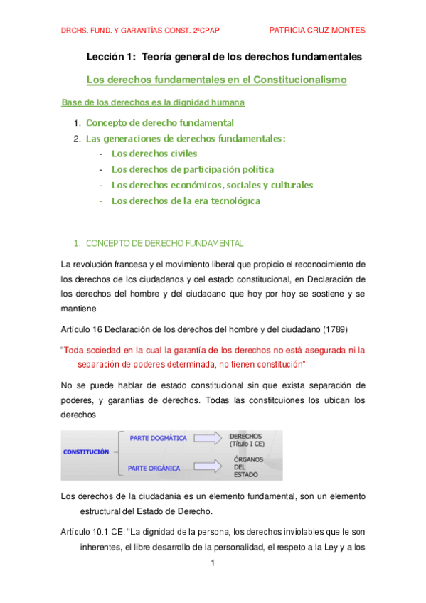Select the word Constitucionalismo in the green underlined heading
click(296, 80)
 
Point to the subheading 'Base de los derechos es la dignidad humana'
click(153, 102)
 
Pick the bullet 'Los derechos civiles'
click(154, 153)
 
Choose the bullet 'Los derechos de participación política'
click(192, 169)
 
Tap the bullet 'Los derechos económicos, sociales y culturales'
click(212, 185)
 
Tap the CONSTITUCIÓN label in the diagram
click(86, 452)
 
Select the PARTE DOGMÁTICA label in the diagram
click(158, 438)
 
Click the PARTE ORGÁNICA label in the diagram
click(154, 468)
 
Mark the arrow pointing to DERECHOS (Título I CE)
click(208, 438)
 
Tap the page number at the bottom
click(212, 564)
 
